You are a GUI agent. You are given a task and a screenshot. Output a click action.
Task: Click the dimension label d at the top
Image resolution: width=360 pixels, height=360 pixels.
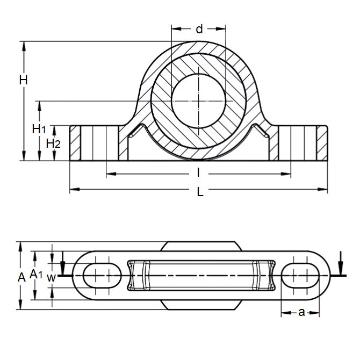[x=199, y=30]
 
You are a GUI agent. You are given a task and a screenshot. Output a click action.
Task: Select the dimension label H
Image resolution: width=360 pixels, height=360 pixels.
[x=23, y=81]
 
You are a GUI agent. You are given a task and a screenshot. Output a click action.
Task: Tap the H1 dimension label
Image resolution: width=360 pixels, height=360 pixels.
[x=39, y=128]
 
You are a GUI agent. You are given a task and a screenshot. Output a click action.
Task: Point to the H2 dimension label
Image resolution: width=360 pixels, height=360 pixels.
[x=53, y=143]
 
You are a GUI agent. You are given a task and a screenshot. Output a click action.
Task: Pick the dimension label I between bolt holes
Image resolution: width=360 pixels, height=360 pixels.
[x=198, y=172]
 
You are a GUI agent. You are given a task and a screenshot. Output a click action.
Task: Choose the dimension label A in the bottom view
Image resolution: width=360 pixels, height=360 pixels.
[x=22, y=277]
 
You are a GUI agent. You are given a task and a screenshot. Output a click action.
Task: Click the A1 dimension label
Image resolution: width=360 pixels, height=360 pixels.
[x=37, y=275]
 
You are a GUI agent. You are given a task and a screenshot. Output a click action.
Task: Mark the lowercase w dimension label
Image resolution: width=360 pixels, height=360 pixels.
[x=51, y=277]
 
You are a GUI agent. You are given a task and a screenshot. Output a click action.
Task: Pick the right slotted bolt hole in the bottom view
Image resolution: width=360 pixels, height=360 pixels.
[x=300, y=276]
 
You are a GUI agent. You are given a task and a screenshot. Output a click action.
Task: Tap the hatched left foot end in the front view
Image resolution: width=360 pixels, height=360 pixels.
[x=75, y=143]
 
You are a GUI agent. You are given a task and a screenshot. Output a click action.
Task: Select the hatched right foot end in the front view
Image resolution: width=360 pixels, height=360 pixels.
[x=321, y=143]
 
